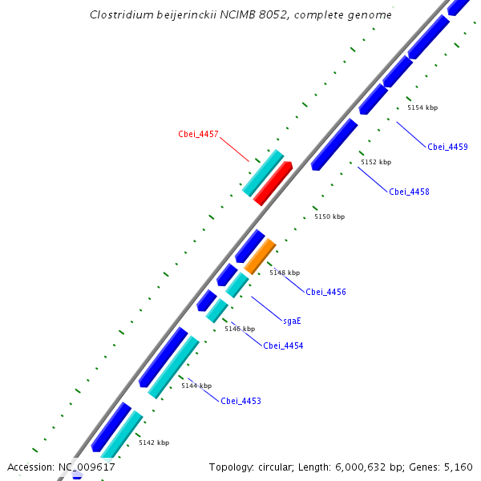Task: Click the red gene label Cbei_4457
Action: [198, 134]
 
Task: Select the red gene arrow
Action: [273, 183]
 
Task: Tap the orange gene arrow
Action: [260, 257]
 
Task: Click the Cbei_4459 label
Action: [447, 147]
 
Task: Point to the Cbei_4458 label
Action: [409, 192]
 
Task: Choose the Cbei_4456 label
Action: [325, 292]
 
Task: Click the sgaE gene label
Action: [292, 321]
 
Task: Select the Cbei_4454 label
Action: [283, 346]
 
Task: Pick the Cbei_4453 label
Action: [240, 401]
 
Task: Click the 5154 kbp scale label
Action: [422, 107]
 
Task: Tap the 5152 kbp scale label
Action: [376, 162]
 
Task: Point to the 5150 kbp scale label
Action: [329, 216]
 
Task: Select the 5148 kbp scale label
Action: [285, 273]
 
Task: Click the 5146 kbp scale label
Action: [240, 329]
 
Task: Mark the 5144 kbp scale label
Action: [196, 386]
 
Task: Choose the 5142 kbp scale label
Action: [154, 443]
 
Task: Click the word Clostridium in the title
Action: [119, 14]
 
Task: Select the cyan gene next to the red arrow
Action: [263, 173]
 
